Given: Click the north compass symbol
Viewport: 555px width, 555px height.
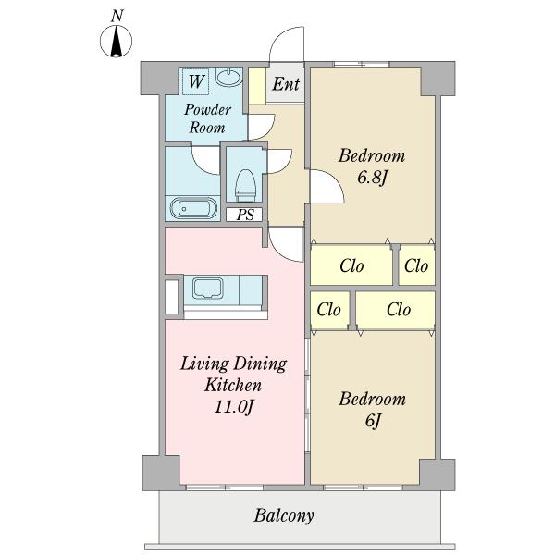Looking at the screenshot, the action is pos(117,42).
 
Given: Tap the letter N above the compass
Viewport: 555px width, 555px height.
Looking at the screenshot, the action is pos(117,16).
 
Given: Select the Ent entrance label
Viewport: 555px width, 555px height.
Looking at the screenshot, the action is pos(286,84).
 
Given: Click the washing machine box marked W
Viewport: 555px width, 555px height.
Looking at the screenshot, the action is pos(195,81).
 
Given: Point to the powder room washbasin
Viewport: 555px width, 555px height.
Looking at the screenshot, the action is pos(229,77).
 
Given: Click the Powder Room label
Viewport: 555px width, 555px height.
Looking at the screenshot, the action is pos(207,118).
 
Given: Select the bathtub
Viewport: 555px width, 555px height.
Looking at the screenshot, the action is pos(193,208).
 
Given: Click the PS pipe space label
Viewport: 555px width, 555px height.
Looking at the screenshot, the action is pos(245,215).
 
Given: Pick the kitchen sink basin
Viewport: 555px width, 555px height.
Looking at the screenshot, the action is pos(208,289).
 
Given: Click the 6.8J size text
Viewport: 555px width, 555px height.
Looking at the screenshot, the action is pos(373,178).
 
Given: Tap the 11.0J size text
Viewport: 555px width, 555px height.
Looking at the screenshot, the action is pos(234,407).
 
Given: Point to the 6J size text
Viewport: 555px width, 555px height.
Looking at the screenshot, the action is pos(373,421).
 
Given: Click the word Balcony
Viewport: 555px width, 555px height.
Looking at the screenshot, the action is pos(284,516).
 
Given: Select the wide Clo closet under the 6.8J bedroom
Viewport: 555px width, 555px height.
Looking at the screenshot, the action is pos(351,265).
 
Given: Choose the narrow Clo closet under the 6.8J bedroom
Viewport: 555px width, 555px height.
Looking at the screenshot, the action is pos(416,265).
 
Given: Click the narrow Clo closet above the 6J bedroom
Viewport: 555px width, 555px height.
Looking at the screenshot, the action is pos(329,310).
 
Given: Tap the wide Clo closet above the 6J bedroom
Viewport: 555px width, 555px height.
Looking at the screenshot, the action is pos(395,310).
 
